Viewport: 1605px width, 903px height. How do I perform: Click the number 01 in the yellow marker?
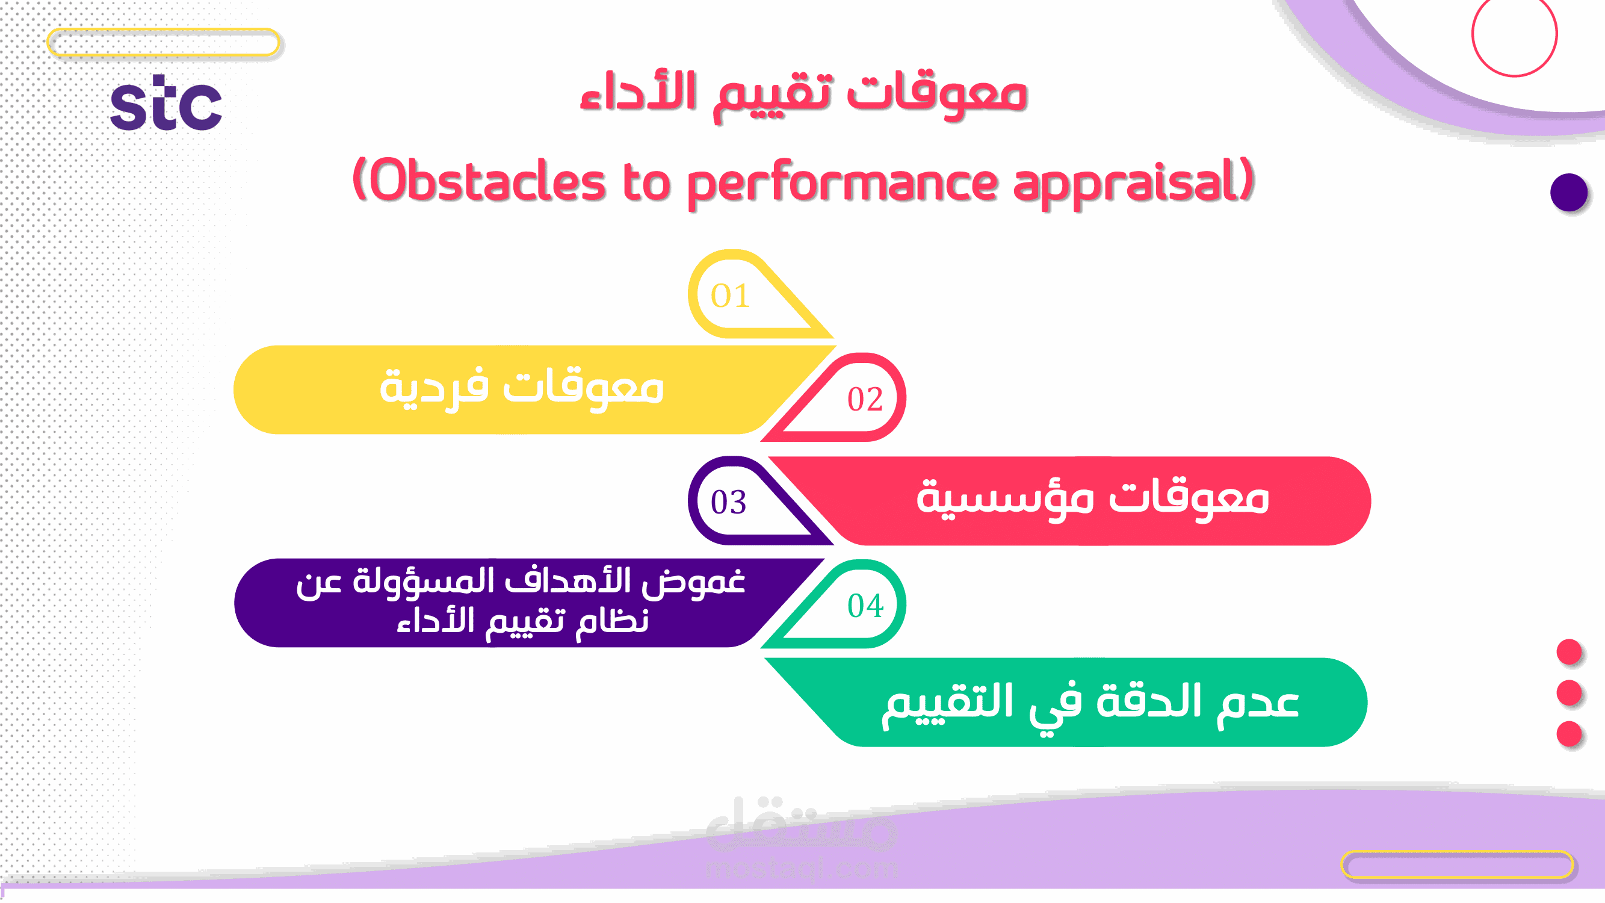730,296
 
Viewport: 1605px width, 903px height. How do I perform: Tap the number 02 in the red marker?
865,399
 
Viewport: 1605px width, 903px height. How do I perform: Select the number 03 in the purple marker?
728,502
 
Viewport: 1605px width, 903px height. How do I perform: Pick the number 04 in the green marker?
865,606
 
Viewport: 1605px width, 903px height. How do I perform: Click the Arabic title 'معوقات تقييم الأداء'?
803,95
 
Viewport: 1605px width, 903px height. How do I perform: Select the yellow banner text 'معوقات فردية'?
522,388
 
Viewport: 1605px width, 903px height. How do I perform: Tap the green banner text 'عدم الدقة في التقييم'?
1090,705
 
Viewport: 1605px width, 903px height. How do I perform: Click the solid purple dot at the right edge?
1569,193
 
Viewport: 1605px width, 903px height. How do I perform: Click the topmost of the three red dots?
1569,652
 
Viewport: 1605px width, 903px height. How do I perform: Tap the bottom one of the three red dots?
1569,733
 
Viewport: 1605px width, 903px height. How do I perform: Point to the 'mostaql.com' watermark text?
801,868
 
